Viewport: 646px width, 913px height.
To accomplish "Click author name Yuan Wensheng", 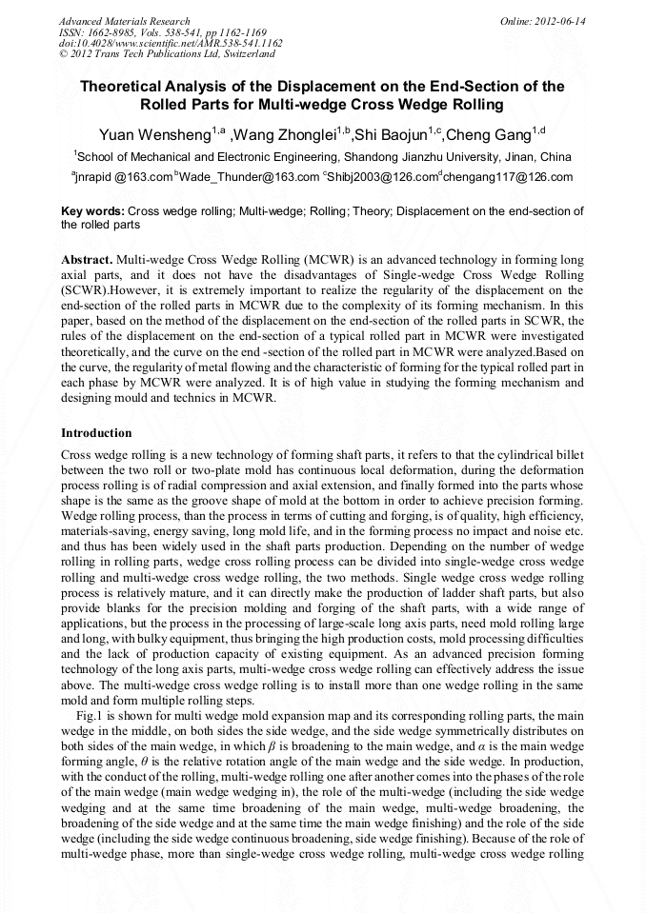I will pos(156,132).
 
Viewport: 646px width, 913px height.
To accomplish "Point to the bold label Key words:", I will pos(92,211).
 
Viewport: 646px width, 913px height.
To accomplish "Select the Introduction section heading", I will pos(96,433).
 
